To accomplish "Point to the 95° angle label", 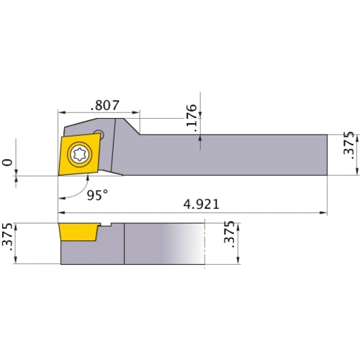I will click(94, 195).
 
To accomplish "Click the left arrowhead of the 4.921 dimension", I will click(62, 213).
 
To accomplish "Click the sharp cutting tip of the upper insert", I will click(58, 174).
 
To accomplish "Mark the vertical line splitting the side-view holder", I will click(125, 245).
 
